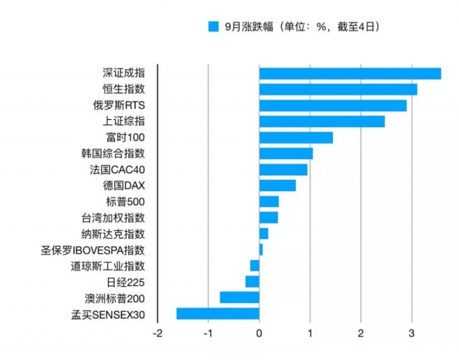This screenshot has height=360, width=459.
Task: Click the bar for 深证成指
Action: (x=350, y=73)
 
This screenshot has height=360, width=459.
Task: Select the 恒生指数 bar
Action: (x=338, y=90)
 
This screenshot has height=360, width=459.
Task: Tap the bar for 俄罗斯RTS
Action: (x=333, y=106)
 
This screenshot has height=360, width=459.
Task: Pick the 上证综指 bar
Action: (x=322, y=122)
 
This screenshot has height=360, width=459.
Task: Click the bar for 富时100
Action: (x=296, y=138)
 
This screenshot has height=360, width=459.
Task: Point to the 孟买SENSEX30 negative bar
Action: (x=218, y=313)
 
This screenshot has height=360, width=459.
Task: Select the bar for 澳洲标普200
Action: (x=239, y=297)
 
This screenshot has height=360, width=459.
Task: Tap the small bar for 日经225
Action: (x=252, y=281)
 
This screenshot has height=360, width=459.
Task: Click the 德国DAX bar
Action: (x=278, y=185)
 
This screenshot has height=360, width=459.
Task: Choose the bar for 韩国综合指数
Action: (x=286, y=153)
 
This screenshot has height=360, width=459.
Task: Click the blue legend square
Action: (x=213, y=27)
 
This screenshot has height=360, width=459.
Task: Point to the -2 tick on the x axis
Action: (x=157, y=334)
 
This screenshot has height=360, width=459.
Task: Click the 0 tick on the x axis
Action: (x=259, y=334)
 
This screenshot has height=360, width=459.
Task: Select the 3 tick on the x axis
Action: (x=411, y=334)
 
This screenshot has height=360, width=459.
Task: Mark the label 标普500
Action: (x=125, y=202)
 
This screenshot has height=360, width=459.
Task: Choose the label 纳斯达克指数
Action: (x=113, y=234)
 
